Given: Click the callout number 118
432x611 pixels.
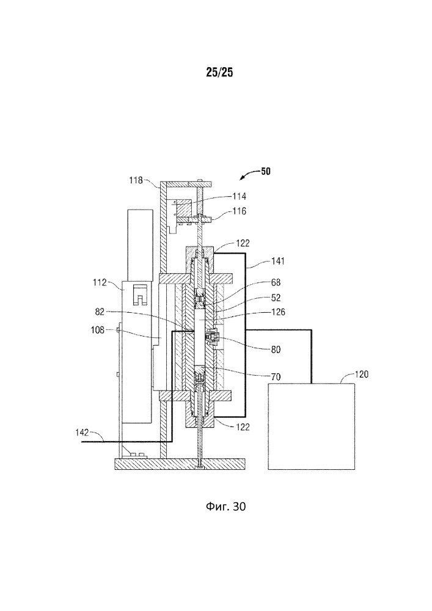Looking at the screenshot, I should [x=136, y=180].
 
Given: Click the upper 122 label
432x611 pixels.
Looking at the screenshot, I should [x=225, y=243].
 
